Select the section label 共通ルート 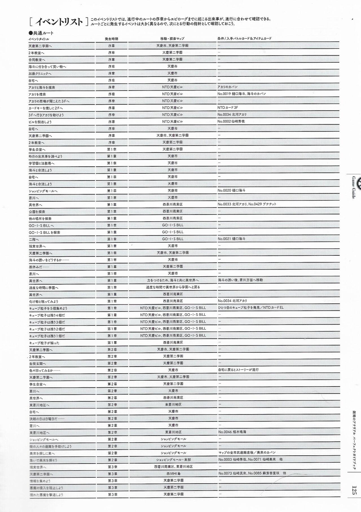41,33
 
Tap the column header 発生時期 111,39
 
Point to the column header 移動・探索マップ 172,39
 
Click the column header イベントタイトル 39,39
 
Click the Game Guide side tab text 353,187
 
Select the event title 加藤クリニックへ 40,74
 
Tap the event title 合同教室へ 37,60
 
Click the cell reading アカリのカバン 228,87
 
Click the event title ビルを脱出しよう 40,122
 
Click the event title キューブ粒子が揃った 44,343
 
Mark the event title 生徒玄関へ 38,364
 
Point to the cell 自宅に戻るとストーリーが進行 238,370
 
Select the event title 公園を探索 37,212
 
